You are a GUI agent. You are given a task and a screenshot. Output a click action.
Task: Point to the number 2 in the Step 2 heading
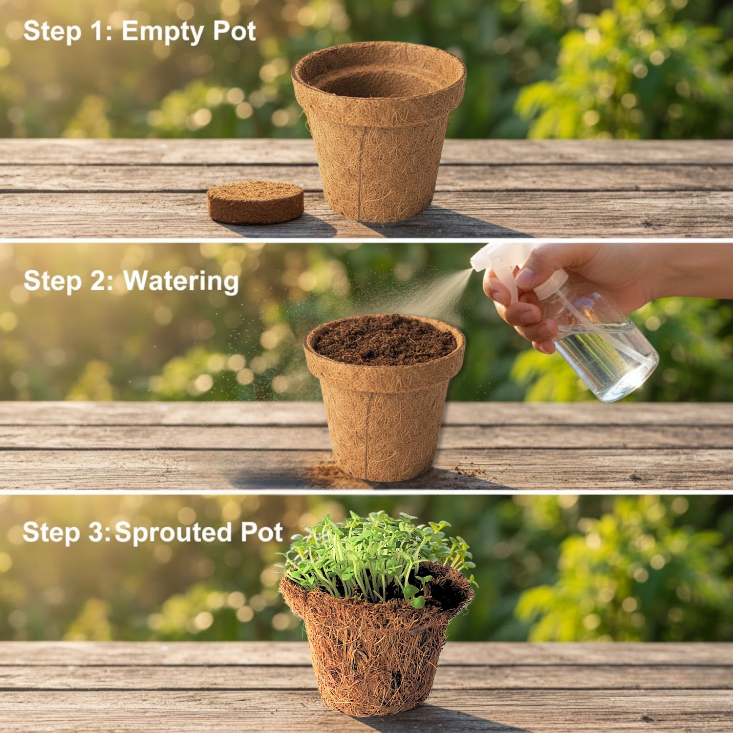click(x=101, y=281)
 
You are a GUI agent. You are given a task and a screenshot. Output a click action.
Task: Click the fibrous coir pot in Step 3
click(x=376, y=645)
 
